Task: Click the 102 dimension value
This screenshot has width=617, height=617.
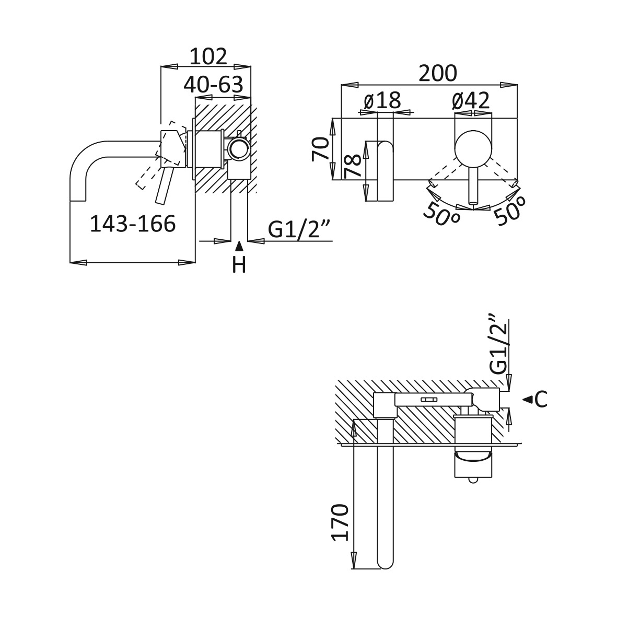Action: tap(208, 56)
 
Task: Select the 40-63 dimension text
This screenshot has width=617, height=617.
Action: tap(214, 84)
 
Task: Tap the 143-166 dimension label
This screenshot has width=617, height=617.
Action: tap(133, 224)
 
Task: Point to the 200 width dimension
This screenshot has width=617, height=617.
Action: tap(438, 73)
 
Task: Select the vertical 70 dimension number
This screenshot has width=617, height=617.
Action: tap(320, 149)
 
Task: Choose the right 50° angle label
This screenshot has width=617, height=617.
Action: tap(510, 211)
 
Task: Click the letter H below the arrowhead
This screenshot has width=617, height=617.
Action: tap(239, 265)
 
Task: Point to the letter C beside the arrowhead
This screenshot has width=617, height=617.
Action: tap(541, 400)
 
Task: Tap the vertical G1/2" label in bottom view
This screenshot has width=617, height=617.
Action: tap(498, 343)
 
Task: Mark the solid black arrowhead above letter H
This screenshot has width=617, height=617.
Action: tap(238, 247)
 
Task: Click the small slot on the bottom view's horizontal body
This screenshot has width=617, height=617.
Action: tap(428, 399)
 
